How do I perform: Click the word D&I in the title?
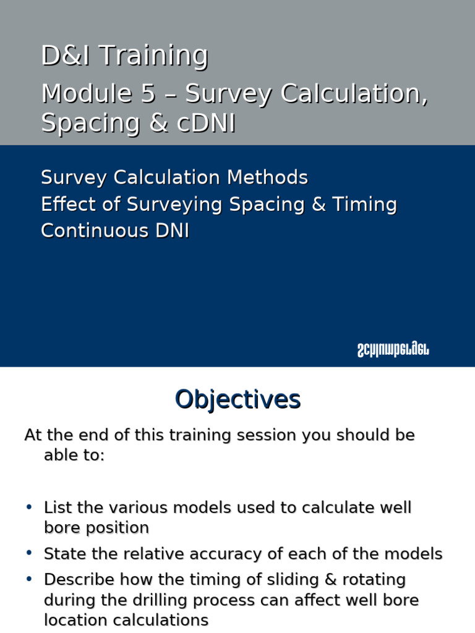click(67, 56)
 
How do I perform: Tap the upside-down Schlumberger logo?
click(393, 350)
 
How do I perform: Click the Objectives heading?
click(237, 399)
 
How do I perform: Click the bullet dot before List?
click(29, 508)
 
